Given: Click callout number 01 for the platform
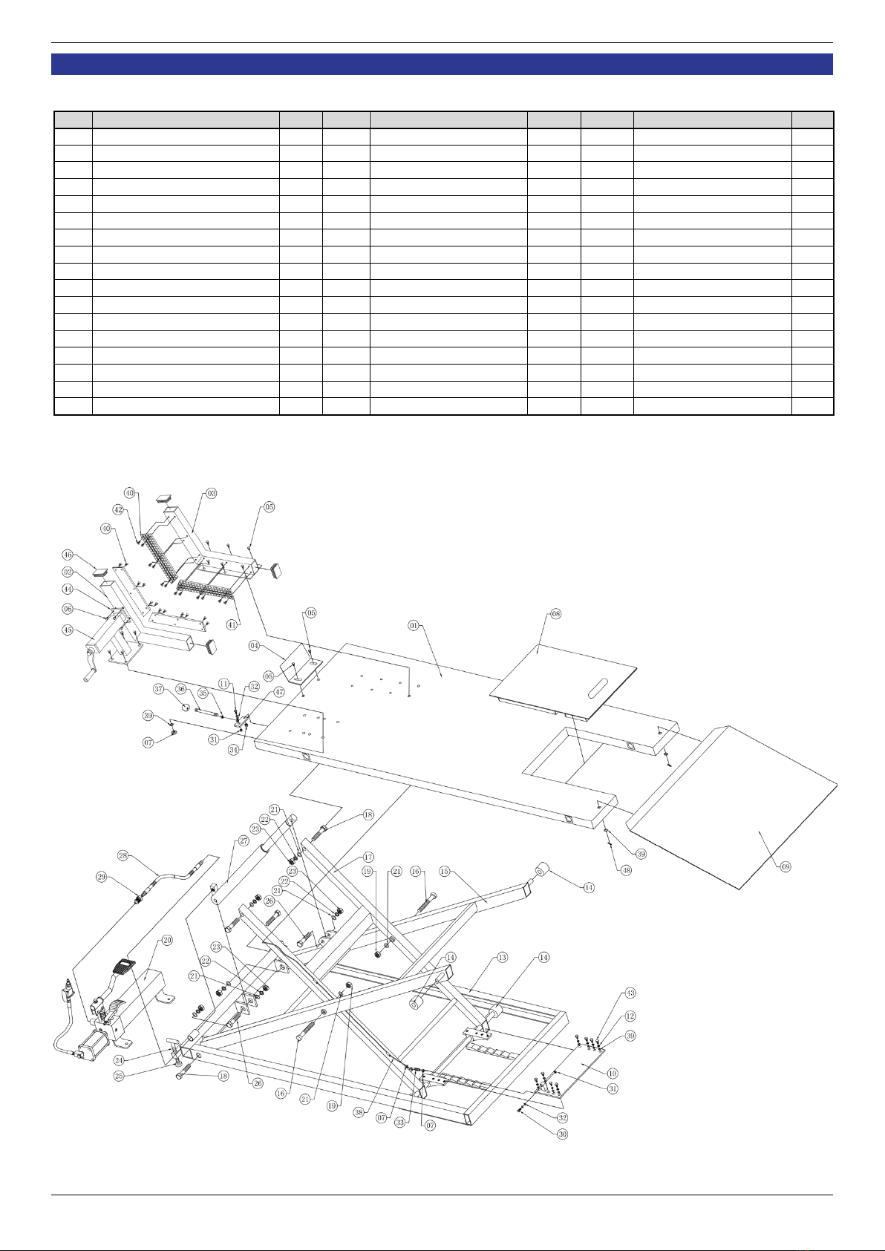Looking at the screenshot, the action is tap(414, 625).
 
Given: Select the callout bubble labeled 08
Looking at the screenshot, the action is tap(555, 614).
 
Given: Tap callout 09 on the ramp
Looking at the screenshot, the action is tap(786, 866).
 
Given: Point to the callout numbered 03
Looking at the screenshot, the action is tap(212, 493).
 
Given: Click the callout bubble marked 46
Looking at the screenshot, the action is tap(68, 555).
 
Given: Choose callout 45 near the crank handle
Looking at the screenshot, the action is tap(68, 630).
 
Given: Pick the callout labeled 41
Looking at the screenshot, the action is tap(232, 625).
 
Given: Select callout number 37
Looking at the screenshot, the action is tap(159, 689).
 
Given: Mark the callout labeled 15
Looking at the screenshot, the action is tap(445, 871).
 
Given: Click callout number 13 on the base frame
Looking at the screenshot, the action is tap(502, 957).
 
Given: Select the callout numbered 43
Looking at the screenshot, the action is tap(630, 993).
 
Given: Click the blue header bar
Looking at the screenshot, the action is tap(442, 65).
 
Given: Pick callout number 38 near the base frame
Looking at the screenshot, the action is tap(359, 1112).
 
